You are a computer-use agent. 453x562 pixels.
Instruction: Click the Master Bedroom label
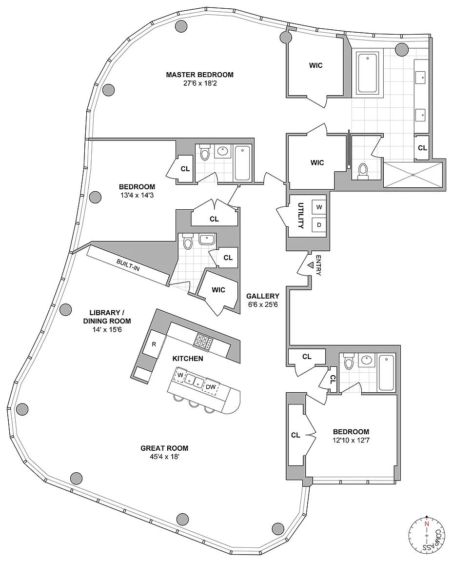199,75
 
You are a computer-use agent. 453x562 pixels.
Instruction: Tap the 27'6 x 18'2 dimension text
199,83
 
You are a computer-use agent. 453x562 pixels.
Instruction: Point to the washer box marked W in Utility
319,207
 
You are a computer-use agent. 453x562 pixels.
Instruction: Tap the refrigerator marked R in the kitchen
153,344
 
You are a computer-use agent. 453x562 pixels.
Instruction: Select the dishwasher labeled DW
211,387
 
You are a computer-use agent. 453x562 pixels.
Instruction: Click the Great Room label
164,448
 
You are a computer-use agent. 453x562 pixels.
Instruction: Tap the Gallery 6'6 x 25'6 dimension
262,305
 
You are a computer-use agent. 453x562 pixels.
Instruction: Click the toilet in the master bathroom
362,171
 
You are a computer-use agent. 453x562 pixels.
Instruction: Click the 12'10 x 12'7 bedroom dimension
351,441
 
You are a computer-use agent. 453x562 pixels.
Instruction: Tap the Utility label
301,216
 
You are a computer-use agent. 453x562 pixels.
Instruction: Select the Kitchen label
187,359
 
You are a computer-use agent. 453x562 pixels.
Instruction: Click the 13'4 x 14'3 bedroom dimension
137,196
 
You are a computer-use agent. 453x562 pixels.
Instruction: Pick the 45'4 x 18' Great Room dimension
164,457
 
